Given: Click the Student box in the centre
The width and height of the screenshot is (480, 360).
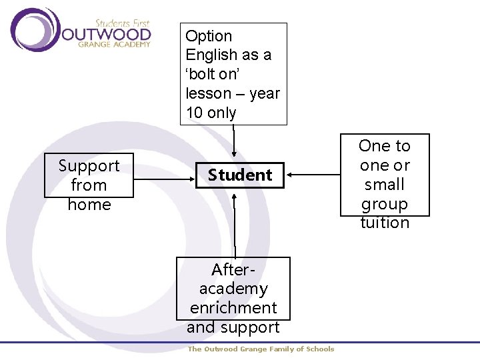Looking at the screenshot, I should [x=239, y=175].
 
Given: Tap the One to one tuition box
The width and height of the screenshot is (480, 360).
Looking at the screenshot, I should [x=385, y=175].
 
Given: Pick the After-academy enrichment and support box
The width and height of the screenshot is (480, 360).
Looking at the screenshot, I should [x=233, y=299].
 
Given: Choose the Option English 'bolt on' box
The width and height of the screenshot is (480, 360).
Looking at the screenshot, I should [x=233, y=74].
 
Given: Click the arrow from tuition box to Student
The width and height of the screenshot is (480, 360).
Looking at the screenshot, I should [x=313, y=175].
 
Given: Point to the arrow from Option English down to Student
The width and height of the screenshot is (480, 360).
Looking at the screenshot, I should [x=234, y=143].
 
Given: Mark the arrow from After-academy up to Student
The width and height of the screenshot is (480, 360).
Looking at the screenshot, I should [x=234, y=223].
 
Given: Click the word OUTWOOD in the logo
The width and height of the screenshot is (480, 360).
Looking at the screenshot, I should [x=106, y=33].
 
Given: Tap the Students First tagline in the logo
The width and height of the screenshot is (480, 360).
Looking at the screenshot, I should [x=123, y=23].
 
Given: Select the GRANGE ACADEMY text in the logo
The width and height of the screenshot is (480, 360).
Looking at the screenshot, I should [x=115, y=45].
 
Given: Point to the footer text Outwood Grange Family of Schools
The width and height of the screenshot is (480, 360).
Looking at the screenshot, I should [x=261, y=349].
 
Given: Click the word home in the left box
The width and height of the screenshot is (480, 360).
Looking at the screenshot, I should [x=89, y=204].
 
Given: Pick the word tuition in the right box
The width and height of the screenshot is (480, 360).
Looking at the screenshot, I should [x=385, y=223].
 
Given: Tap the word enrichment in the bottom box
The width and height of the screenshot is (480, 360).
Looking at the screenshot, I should [x=233, y=308].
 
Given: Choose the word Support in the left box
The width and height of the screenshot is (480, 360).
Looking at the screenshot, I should [x=89, y=166].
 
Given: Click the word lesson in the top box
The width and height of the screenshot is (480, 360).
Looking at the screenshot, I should [x=208, y=93].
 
